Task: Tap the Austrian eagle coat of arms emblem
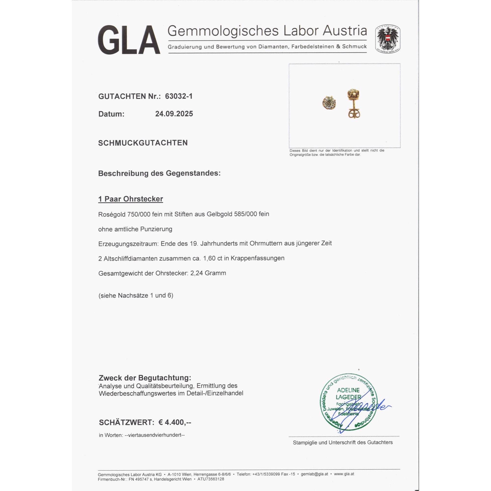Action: pyautogui.click(x=388, y=39)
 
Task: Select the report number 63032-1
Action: pyautogui.click(x=179, y=96)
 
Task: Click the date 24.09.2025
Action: pyautogui.click(x=174, y=114)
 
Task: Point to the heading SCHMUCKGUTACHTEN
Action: pyautogui.click(x=143, y=143)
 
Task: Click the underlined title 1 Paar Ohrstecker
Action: pyautogui.click(x=131, y=199)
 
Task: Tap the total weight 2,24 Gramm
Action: pyautogui.click(x=208, y=273)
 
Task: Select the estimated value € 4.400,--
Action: pyautogui.click(x=175, y=422)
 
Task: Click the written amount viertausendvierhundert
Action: pyautogui.click(x=155, y=435)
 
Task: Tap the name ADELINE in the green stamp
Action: pyautogui.click(x=348, y=390)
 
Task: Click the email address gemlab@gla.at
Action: pyautogui.click(x=314, y=474)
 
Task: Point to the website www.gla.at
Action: pyautogui.click(x=344, y=474)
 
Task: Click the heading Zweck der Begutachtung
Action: pyautogui.click(x=145, y=378)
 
